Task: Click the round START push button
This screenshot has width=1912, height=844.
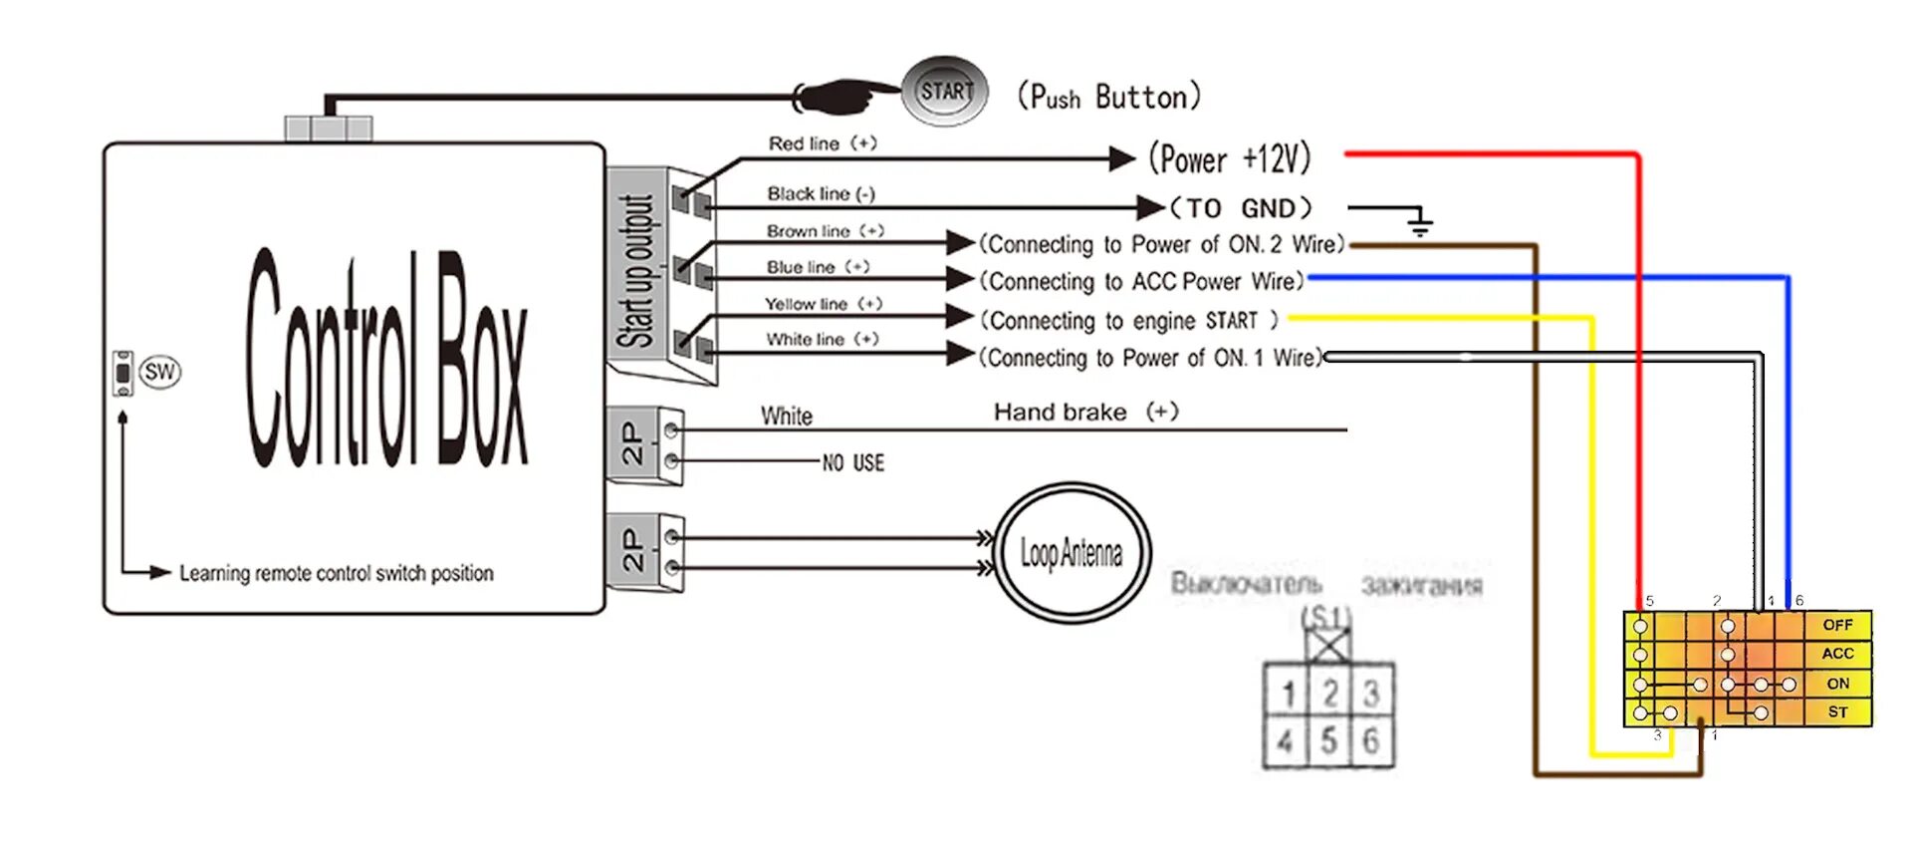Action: [x=944, y=92]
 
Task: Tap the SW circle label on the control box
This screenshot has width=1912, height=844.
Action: [x=159, y=373]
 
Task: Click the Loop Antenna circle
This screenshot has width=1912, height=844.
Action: [x=1072, y=552]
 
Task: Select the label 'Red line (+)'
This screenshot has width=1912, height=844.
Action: [x=822, y=143]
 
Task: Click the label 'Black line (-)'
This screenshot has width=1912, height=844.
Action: [x=821, y=193]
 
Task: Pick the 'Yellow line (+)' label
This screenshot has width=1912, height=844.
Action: [x=823, y=304]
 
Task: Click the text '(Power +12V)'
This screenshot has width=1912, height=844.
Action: [x=1229, y=158]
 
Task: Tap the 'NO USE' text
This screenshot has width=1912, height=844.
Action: [x=853, y=462]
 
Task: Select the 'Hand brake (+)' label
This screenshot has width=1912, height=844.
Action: [x=1085, y=413]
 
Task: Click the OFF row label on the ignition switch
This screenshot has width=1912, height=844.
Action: [x=1837, y=625]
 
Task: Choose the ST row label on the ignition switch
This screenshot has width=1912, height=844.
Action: [x=1837, y=712]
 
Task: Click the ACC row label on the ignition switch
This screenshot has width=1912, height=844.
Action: [x=1837, y=654]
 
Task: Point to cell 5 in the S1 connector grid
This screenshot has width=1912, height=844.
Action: [x=1329, y=740]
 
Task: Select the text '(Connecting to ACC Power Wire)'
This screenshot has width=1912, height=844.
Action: [x=1141, y=282]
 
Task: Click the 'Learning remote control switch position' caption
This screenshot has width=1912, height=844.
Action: [x=336, y=573]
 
